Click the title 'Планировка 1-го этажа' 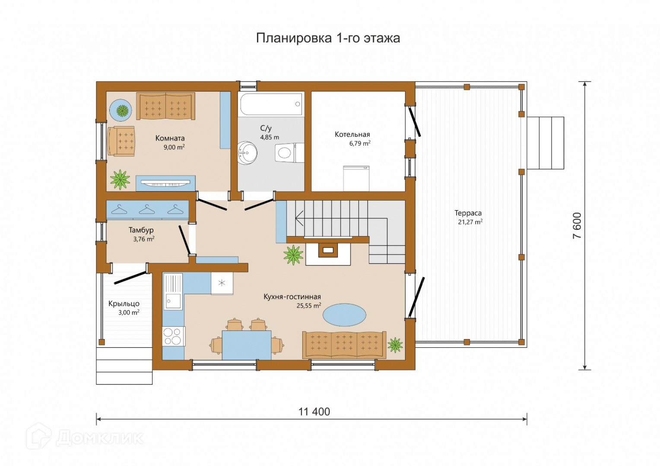[328, 38]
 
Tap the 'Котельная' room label [352, 135]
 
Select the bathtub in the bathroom [271, 104]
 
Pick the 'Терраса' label [468, 213]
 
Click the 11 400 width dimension [314, 412]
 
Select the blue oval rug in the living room [344, 315]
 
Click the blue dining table [247, 345]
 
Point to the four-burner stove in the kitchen [174, 336]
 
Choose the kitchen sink [173, 302]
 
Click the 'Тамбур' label [141, 230]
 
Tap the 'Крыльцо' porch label [124, 303]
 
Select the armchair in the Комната [121, 141]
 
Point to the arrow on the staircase [299, 218]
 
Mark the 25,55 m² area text [309, 305]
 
